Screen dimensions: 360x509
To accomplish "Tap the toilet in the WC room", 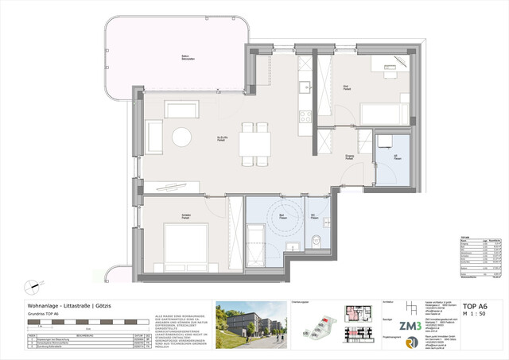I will [x=317, y=242].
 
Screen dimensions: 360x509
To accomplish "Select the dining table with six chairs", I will [x=254, y=144].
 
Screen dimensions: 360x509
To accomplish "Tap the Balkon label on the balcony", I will [x=185, y=57].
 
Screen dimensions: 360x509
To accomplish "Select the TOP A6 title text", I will [x=474, y=306].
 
